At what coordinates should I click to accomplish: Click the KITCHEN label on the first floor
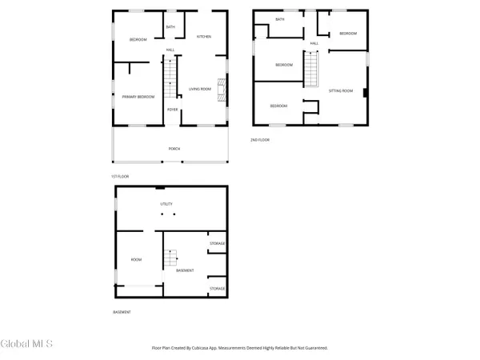pyautogui.click(x=204, y=37)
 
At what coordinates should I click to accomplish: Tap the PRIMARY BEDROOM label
pyautogui.click(x=138, y=97)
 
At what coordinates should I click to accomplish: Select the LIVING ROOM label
pyautogui.click(x=199, y=89)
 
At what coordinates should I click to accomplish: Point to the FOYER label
pyautogui.click(x=172, y=110)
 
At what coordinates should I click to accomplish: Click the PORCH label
pyautogui.click(x=173, y=148)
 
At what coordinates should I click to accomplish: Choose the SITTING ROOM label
pyautogui.click(x=340, y=91)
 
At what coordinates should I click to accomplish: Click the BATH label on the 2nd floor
pyautogui.click(x=280, y=18)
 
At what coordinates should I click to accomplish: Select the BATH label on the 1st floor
pyautogui.click(x=170, y=27)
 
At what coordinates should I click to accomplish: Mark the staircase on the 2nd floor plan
pyautogui.click(x=310, y=68)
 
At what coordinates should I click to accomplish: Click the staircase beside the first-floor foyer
pyautogui.click(x=170, y=78)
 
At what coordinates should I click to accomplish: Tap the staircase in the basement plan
pyautogui.click(x=170, y=259)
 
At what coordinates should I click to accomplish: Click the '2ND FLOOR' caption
pyautogui.click(x=260, y=139)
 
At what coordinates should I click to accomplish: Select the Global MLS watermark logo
pyautogui.click(x=27, y=344)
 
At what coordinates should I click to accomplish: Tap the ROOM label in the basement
pyautogui.click(x=136, y=259)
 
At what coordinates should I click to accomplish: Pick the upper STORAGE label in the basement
pyautogui.click(x=217, y=243)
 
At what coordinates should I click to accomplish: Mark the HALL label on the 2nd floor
pyautogui.click(x=314, y=43)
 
